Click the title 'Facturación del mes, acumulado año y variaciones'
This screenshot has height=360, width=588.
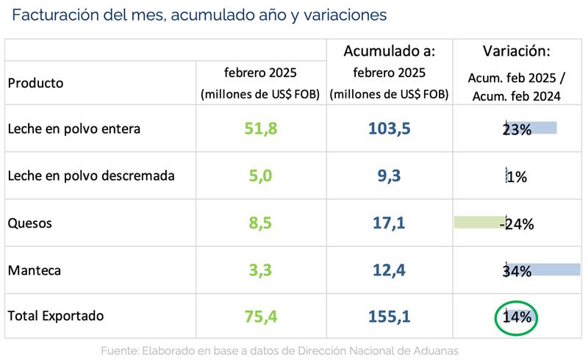199,15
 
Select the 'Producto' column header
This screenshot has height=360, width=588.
35,82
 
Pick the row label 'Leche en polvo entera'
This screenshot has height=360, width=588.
73,129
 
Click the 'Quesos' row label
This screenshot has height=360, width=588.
29,223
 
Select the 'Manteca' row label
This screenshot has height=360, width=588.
33,270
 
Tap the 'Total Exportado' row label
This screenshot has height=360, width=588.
56,316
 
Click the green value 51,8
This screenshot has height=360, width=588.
261,129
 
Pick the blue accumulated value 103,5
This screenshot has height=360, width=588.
389,129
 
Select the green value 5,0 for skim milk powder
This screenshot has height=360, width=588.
261,176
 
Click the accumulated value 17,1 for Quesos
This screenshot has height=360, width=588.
389,223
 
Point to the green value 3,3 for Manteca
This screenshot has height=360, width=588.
261,270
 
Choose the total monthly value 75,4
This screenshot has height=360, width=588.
261,317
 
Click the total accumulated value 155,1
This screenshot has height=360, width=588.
389,317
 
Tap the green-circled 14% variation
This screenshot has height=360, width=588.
517,317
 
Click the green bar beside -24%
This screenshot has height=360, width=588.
478,221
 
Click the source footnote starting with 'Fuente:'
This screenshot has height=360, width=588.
280,350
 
